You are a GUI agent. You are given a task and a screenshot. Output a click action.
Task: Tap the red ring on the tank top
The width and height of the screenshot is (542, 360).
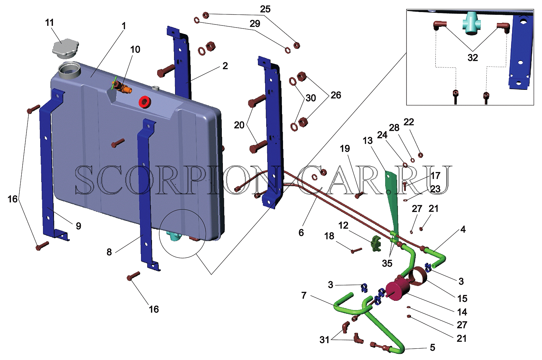145,102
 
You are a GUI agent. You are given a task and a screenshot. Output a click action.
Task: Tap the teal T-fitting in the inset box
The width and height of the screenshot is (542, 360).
471,23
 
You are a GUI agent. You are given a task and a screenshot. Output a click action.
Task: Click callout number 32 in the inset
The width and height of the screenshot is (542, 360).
473,57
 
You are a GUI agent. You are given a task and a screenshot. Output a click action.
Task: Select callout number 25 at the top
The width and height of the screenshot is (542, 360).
265,9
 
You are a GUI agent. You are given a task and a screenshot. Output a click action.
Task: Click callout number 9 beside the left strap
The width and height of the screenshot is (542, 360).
78,226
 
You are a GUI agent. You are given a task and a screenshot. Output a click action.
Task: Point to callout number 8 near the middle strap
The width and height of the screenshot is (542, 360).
109,252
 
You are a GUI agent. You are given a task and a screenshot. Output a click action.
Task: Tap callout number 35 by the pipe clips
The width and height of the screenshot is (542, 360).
387,263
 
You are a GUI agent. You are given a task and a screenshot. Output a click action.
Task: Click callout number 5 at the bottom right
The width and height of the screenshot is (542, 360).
432,347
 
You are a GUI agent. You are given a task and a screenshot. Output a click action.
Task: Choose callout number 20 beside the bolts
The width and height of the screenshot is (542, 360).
239,125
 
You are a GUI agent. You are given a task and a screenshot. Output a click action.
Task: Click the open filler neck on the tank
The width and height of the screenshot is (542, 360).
69,70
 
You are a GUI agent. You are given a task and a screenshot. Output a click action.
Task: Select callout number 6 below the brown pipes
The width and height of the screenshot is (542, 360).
301,232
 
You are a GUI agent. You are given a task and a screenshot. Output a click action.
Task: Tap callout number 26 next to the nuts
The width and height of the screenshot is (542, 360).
336,95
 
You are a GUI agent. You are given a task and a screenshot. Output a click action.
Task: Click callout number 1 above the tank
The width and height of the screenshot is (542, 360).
124,26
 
